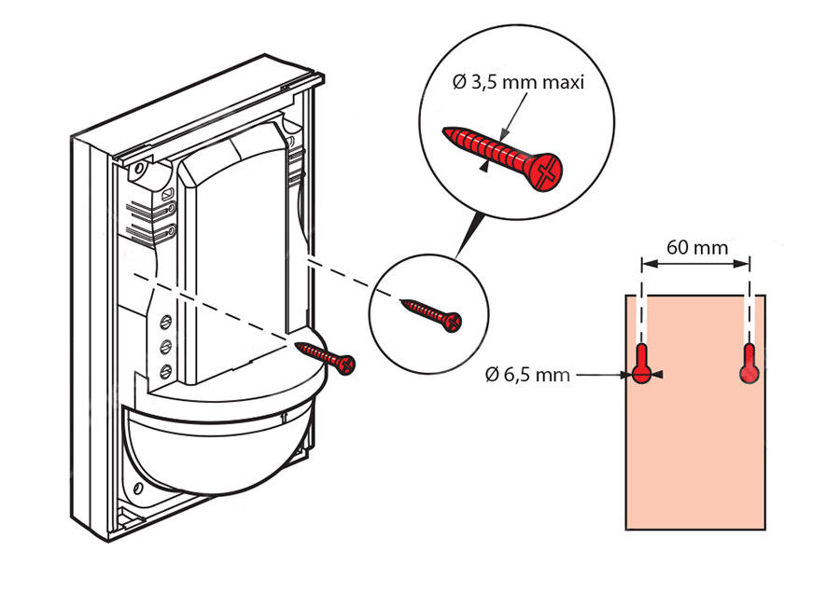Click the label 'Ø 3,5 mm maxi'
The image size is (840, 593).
[518, 83]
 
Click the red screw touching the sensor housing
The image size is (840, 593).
[326, 356]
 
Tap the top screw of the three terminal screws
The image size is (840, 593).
[166, 323]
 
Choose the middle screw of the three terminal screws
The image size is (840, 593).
[166, 347]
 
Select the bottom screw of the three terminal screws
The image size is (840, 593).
[166, 371]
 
